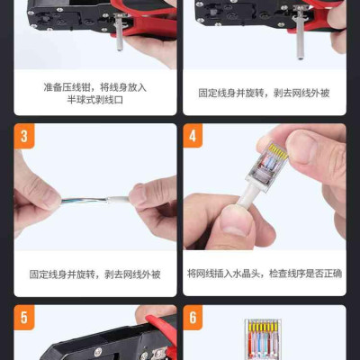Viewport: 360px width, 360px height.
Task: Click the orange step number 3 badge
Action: point(24,136)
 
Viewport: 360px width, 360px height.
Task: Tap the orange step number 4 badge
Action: point(193,136)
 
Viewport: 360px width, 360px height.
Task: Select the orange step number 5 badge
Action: point(24,318)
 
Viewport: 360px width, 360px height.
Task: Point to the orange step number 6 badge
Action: point(193,317)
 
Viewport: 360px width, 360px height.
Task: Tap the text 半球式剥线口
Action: point(95,100)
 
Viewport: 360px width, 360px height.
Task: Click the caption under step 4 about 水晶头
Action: point(265,274)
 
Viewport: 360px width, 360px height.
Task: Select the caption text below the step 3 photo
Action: point(95,274)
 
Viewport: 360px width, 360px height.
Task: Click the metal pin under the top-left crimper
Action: point(119,32)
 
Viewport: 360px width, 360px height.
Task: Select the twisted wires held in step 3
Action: point(83,201)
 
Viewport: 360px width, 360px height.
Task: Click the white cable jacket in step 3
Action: point(118,199)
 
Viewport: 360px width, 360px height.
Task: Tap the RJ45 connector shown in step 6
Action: point(263,339)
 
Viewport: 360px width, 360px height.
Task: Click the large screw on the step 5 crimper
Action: point(98,352)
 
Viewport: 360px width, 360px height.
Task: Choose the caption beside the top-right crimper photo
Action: point(264,93)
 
